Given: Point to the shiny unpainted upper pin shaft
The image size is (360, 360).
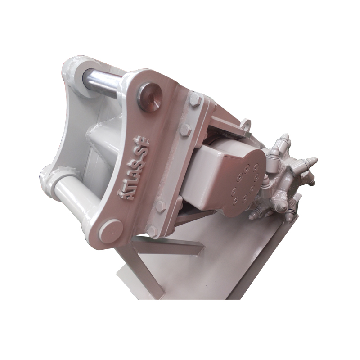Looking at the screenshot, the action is coord(101,80).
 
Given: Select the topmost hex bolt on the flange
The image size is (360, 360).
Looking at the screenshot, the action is coord(195,100).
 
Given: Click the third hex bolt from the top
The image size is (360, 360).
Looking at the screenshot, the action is coord(162,205).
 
